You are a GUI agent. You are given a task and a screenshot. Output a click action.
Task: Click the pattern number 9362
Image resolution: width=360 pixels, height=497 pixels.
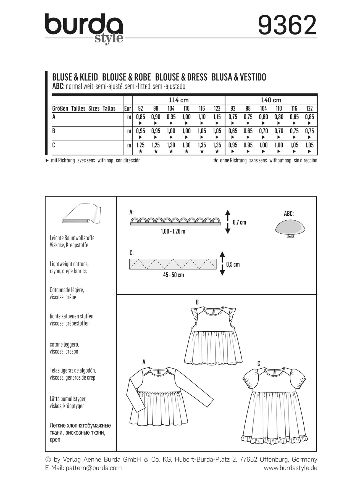point(287,25)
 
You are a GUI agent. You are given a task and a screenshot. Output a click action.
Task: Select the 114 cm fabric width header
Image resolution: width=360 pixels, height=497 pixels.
point(178,100)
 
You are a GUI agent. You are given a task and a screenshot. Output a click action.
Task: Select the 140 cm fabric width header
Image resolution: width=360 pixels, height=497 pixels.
point(271,100)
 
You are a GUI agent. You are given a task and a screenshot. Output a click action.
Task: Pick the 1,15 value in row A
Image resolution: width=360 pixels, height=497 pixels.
point(217,117)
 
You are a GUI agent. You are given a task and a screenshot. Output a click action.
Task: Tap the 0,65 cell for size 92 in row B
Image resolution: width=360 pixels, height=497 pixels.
point(233,131)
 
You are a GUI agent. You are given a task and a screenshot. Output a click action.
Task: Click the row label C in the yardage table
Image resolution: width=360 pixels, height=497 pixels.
point(54,145)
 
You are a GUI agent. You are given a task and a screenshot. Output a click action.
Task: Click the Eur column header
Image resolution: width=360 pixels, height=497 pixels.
point(128,109)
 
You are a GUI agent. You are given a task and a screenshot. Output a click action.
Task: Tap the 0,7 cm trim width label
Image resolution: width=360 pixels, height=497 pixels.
point(239,223)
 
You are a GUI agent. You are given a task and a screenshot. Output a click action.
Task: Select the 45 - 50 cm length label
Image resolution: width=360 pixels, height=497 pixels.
point(173,275)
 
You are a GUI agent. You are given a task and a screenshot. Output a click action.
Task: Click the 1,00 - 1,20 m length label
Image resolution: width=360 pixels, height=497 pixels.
point(173,231)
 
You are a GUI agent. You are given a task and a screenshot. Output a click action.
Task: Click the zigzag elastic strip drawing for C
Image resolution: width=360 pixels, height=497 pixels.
point(173,264)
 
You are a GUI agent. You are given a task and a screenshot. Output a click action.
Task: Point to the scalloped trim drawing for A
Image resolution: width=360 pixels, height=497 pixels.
point(175,221)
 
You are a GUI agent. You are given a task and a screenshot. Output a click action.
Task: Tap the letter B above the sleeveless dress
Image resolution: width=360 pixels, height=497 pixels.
point(197,302)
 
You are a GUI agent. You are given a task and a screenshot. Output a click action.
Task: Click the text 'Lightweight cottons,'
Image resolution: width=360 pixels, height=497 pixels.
point(69,264)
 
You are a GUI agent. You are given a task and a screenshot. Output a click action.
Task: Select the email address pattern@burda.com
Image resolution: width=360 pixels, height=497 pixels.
point(94,468)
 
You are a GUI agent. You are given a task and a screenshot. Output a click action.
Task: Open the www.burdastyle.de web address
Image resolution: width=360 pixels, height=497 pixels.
point(290,468)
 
